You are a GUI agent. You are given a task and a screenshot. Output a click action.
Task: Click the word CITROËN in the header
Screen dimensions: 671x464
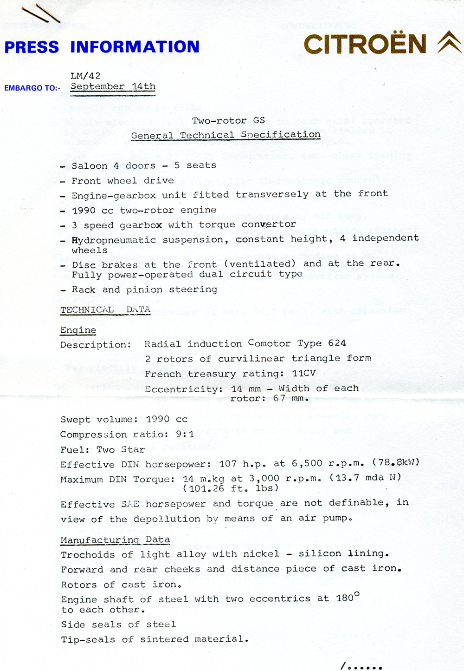point(365,44)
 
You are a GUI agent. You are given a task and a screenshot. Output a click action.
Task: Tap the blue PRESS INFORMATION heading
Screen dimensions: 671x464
point(102,47)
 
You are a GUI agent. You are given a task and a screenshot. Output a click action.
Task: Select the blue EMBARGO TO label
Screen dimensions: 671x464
point(32,88)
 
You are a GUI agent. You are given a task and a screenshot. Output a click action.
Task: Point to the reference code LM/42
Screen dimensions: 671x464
point(85,76)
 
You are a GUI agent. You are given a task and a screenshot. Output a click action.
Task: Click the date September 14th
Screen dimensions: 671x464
point(113,86)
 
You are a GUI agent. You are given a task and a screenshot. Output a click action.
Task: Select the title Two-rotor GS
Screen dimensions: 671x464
point(228,120)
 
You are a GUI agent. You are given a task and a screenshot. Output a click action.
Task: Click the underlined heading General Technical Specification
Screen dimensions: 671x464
point(226,135)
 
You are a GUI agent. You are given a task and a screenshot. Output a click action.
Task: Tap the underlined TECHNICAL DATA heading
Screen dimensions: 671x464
point(105,310)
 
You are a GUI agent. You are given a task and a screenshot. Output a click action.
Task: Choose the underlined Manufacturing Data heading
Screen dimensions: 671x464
point(115,539)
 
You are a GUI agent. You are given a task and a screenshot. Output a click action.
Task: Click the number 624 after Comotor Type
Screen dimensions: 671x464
point(337,343)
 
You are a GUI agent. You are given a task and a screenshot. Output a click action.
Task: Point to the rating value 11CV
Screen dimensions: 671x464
point(304,373)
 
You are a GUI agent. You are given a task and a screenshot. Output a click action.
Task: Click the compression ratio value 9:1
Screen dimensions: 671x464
point(185,434)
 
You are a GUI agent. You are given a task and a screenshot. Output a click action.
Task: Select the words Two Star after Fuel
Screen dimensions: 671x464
point(121,449)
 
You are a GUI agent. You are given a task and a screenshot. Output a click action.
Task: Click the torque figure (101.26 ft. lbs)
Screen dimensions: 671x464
point(231,488)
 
